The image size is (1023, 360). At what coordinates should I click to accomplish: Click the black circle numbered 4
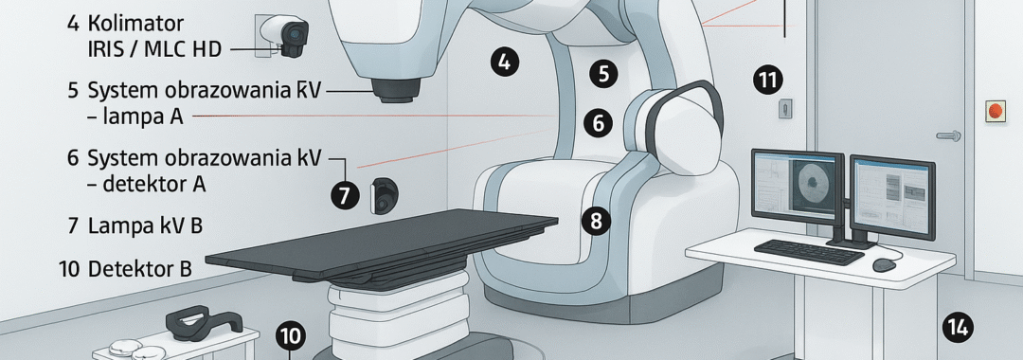[504, 63]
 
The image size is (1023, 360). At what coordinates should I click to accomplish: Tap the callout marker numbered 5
[603, 73]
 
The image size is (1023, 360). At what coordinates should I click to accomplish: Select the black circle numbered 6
[599, 122]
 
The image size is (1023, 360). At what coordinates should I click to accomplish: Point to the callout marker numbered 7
[345, 194]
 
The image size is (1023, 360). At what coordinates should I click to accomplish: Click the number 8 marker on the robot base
[596, 221]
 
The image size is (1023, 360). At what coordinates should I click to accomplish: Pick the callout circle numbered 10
[291, 336]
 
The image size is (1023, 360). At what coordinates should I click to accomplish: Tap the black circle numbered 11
[768, 81]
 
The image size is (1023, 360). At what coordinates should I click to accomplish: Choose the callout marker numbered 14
[957, 327]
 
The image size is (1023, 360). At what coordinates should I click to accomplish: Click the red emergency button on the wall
[995, 111]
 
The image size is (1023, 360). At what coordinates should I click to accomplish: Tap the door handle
[948, 135]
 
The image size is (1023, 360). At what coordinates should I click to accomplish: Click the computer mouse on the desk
[884, 264]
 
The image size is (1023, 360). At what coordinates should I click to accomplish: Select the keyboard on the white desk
[809, 252]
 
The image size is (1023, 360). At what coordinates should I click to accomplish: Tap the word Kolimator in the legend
[135, 24]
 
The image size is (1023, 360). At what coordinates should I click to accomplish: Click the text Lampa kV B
[145, 225]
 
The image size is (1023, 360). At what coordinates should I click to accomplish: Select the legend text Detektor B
[139, 268]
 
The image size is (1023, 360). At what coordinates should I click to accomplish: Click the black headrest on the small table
[204, 321]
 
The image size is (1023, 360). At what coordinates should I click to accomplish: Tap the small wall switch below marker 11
[785, 108]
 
